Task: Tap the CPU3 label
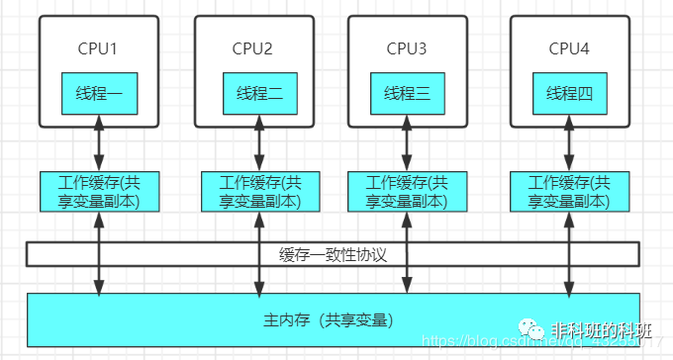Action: [x=407, y=47]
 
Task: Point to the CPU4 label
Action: [x=568, y=47]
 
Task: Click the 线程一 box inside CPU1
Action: [x=97, y=94]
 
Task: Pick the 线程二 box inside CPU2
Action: [x=259, y=94]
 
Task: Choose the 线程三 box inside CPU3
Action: [x=408, y=94]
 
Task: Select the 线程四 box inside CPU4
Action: [x=569, y=94]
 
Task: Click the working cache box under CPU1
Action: [x=97, y=191]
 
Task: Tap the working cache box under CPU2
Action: [x=259, y=191]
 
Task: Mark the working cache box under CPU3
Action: [x=407, y=191]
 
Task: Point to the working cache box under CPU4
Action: [x=569, y=191]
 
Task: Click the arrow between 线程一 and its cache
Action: [x=97, y=142]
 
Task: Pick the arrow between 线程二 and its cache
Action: [x=259, y=142]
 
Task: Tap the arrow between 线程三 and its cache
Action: [x=407, y=142]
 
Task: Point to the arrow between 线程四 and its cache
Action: [x=569, y=142]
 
